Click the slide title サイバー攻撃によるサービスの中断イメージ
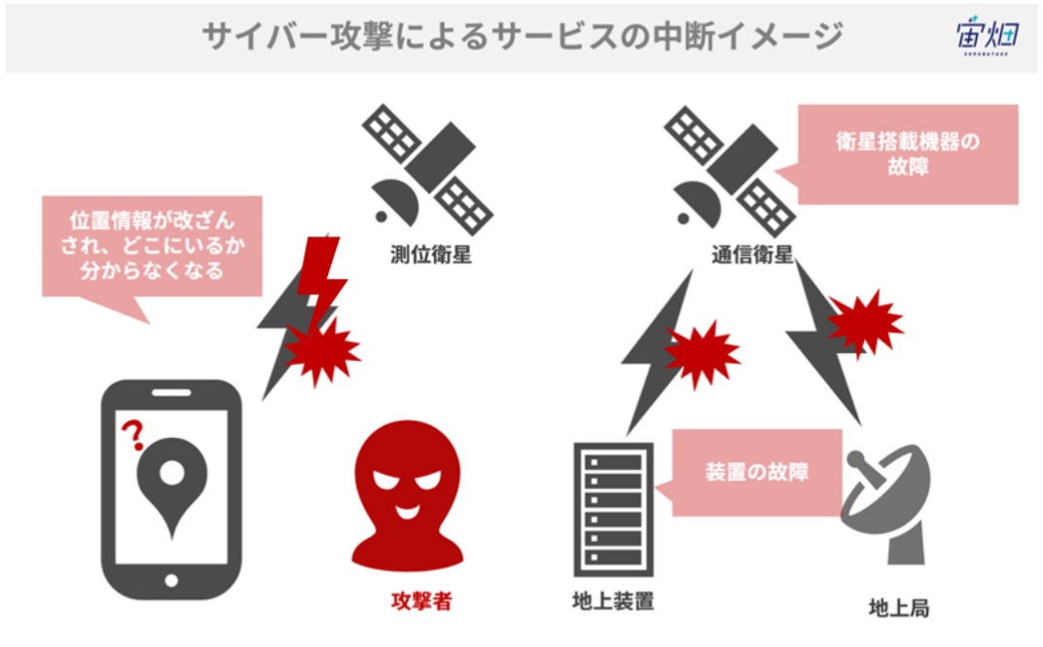pyautogui.click(x=522, y=36)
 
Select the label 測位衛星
pyautogui.click(x=430, y=254)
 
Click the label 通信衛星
pyautogui.click(x=752, y=254)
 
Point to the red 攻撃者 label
pyautogui.click(x=421, y=601)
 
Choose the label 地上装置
pyautogui.click(x=613, y=600)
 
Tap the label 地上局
pyautogui.click(x=899, y=608)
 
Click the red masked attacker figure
pyautogui.click(x=407, y=495)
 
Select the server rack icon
pyautogui.click(x=613, y=510)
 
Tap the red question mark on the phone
pyautogui.click(x=133, y=435)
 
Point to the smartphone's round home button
pyautogui.click(x=171, y=581)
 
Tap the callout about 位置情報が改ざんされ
pyautogui.click(x=152, y=247)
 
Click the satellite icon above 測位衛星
pyautogui.click(x=427, y=168)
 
